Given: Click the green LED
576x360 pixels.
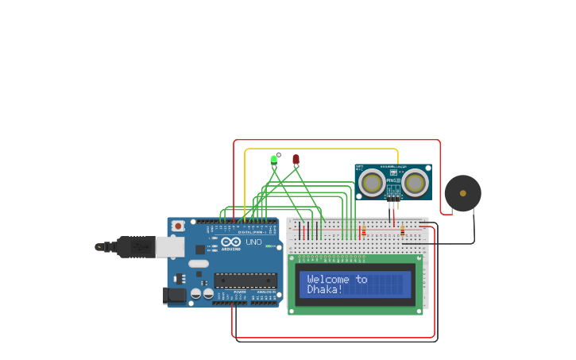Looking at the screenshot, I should (x=274, y=159).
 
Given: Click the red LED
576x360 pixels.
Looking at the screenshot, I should (x=296, y=159).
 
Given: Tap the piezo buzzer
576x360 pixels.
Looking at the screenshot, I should (x=462, y=193).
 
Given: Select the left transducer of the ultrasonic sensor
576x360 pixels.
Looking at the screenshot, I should (x=371, y=184).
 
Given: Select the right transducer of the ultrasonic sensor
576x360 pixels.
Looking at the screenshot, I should (x=414, y=184).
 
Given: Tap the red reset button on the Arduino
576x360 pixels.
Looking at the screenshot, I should (x=178, y=226).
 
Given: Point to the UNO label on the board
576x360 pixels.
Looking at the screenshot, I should (x=253, y=242).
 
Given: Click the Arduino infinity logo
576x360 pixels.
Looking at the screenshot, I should (x=231, y=242).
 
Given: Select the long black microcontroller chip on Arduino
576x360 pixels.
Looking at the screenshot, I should (x=245, y=280).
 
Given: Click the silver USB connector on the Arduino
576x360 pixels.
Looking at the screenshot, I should (x=169, y=247).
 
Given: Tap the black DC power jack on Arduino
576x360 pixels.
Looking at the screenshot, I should (x=175, y=296).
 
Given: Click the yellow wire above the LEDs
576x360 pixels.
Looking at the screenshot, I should (x=318, y=149).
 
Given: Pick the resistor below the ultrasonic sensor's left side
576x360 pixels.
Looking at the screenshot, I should (x=363, y=232).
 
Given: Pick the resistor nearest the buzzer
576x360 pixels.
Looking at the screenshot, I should (x=402, y=231).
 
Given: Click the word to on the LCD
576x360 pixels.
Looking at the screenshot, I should (x=361, y=279).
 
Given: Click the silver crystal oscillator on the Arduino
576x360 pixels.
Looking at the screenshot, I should (x=198, y=263).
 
